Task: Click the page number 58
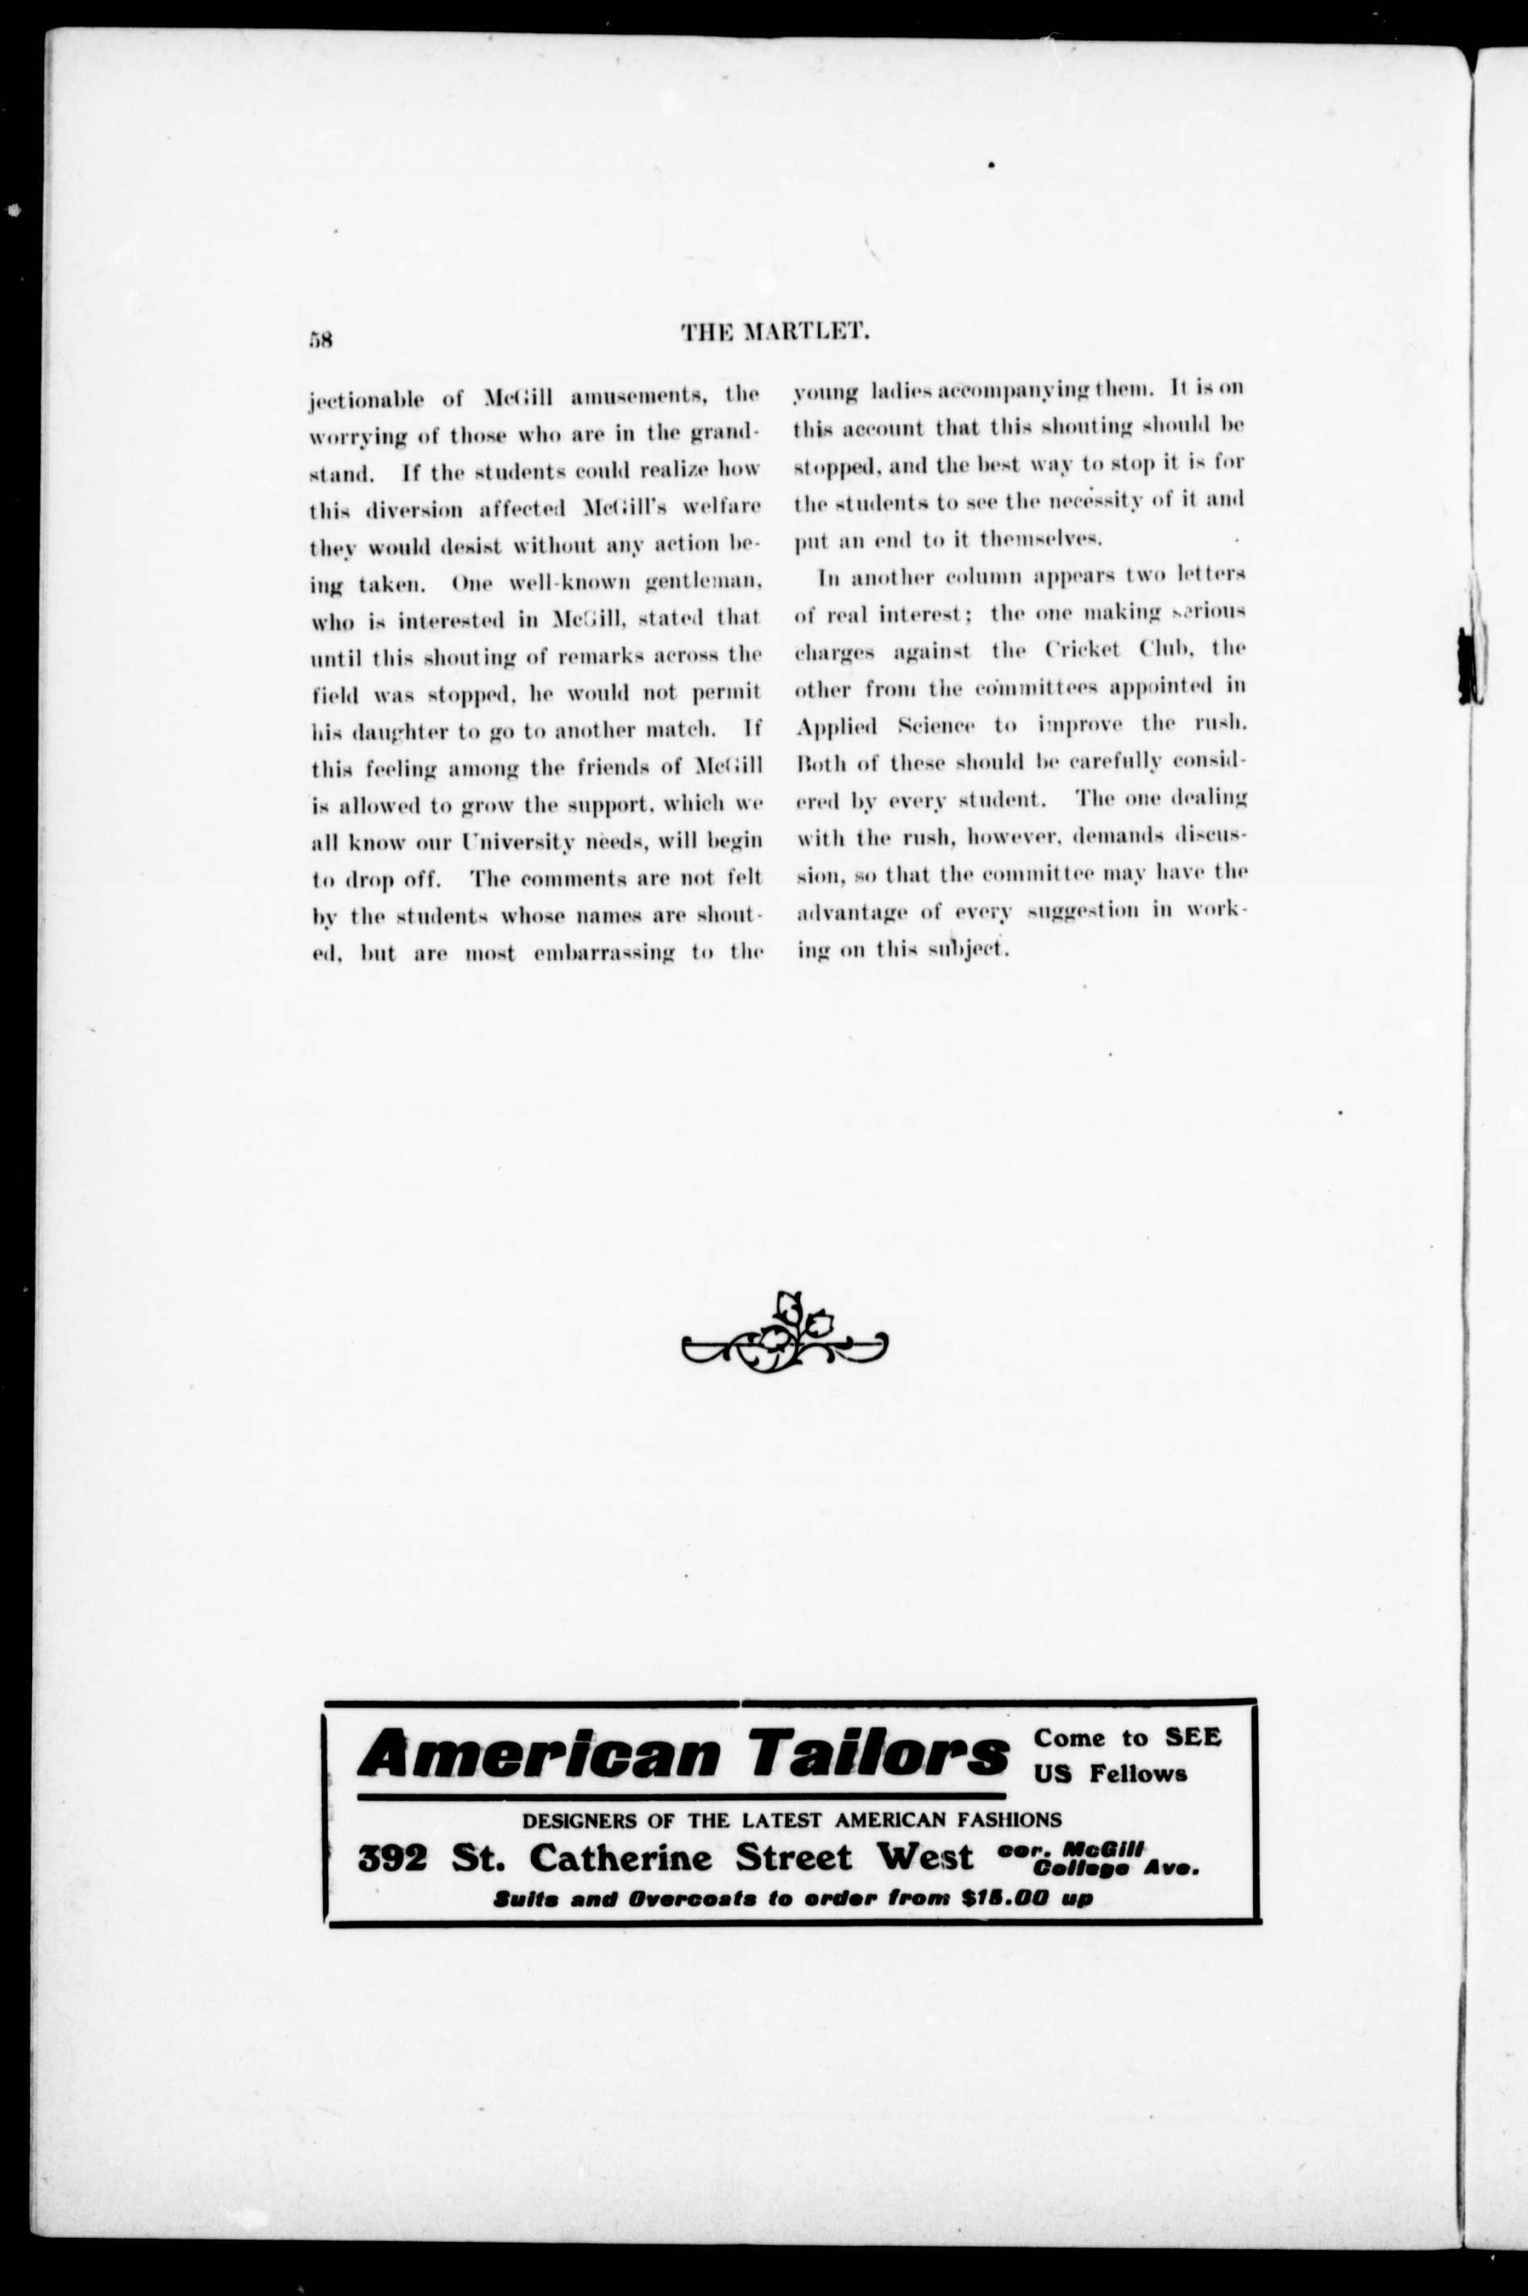pyautogui.click(x=321, y=340)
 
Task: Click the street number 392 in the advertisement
pyautogui.click(x=392, y=1859)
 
